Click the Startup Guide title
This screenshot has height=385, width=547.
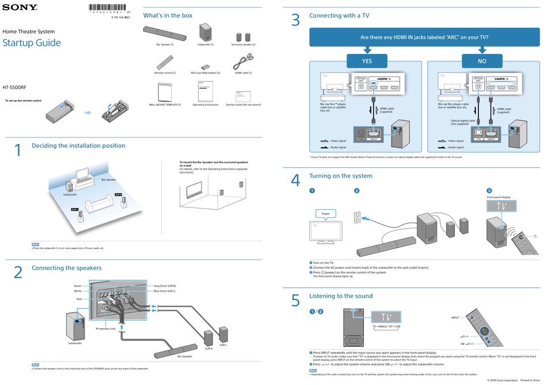point(32,43)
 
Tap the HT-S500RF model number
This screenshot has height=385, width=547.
point(14,87)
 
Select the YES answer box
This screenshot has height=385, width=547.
point(366,61)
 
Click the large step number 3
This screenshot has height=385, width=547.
point(296,21)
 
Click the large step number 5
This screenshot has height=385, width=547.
point(296,301)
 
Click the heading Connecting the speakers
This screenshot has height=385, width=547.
point(66,268)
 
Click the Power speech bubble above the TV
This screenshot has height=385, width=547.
point(325,214)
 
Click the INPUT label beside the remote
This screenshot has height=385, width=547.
point(455,317)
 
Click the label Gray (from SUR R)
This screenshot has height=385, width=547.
point(165,286)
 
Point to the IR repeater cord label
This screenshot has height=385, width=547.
point(107,329)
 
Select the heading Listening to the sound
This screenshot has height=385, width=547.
point(341,296)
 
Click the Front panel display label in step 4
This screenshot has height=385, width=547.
point(499,197)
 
